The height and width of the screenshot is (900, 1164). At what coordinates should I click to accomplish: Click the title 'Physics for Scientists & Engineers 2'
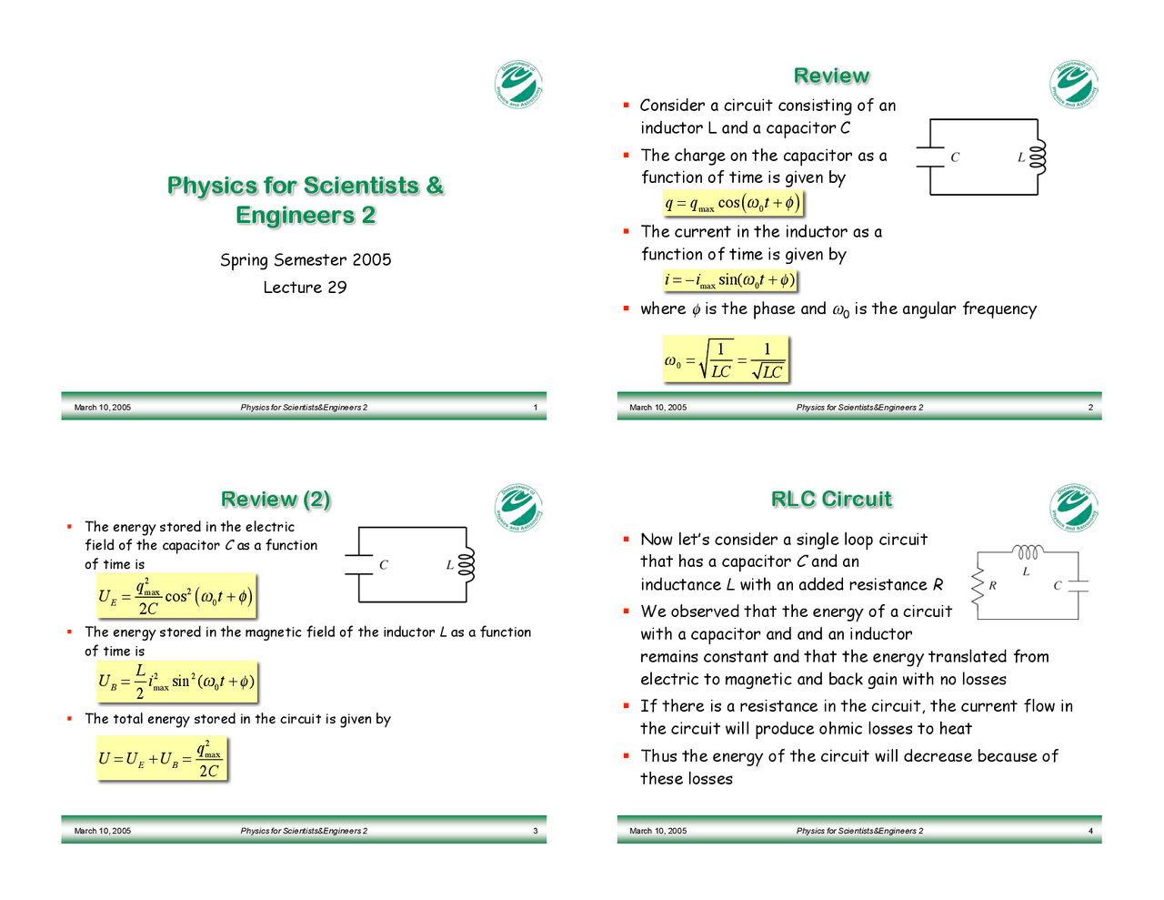tap(305, 200)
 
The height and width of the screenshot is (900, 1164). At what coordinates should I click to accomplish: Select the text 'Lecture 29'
tap(305, 288)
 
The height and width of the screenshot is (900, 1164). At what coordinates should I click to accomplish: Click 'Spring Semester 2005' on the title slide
tap(306, 260)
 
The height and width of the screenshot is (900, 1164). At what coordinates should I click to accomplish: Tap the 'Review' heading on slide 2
tap(831, 76)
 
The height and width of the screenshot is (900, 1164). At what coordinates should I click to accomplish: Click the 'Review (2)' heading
tap(276, 500)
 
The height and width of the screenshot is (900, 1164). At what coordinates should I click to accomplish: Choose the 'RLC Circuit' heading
tap(831, 500)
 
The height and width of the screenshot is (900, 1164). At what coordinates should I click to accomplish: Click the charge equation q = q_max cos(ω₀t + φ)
tap(732, 203)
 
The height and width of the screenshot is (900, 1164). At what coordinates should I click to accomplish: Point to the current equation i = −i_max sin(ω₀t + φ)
tap(729, 280)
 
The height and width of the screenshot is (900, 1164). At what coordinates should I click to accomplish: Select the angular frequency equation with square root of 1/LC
tap(725, 359)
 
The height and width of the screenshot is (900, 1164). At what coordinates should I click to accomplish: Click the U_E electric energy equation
tap(176, 597)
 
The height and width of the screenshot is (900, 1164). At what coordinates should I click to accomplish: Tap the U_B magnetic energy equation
tap(176, 682)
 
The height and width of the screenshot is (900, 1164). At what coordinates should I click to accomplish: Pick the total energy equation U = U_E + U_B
tap(160, 759)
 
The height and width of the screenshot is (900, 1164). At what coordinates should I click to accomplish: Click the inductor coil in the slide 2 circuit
tap(1039, 157)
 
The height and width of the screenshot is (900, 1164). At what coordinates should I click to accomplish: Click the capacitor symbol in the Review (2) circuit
tap(360, 565)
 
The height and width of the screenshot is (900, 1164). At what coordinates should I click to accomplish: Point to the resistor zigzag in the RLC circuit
tap(978, 585)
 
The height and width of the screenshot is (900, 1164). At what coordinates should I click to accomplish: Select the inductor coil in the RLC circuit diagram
tap(1028, 552)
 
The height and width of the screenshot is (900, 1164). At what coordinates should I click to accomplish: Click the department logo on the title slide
tap(518, 85)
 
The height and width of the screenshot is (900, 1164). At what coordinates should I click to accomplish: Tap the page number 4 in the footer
tap(1090, 831)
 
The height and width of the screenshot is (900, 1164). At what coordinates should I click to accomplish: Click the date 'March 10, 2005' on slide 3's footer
tap(103, 831)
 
